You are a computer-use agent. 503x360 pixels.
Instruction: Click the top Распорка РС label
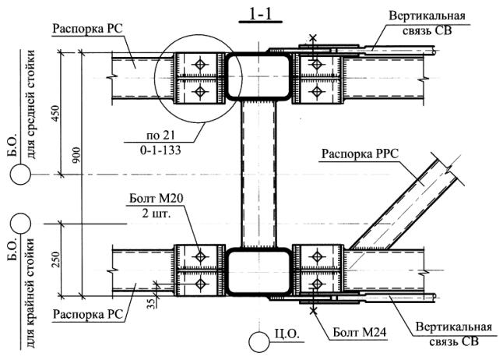88,29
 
